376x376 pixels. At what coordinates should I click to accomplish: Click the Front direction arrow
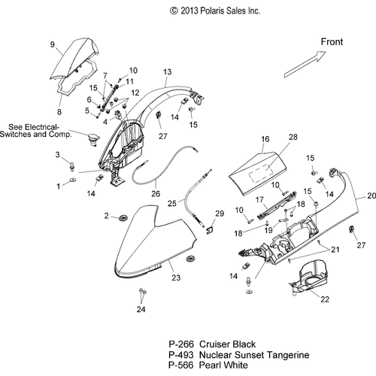point(305,65)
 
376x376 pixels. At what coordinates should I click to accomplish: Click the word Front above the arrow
point(332,41)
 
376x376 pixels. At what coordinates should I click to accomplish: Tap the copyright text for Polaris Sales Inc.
point(215,11)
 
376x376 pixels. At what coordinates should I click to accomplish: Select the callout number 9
point(53,44)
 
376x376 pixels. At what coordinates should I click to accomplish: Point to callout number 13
point(168,72)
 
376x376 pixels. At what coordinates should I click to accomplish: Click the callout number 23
point(176,277)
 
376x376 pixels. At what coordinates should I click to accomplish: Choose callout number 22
point(325,299)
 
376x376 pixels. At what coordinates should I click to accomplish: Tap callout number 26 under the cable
point(156,194)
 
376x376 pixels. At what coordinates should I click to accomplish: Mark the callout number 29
point(220,214)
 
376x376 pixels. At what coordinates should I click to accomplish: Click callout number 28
point(293,137)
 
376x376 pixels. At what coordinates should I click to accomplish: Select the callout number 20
point(371,196)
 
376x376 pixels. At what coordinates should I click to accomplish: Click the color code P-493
point(181,355)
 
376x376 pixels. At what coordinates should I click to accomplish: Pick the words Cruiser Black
point(227,344)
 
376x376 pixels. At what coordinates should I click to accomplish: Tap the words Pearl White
point(223,365)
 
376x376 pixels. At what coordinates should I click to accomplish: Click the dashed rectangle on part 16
point(261,172)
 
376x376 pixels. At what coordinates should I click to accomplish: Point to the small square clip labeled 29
point(210,230)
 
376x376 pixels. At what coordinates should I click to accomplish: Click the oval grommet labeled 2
point(123,217)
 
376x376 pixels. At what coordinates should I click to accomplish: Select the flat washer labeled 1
point(73,180)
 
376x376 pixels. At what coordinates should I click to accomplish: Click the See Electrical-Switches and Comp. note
point(36,131)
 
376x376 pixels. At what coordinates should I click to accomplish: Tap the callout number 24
point(141,309)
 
